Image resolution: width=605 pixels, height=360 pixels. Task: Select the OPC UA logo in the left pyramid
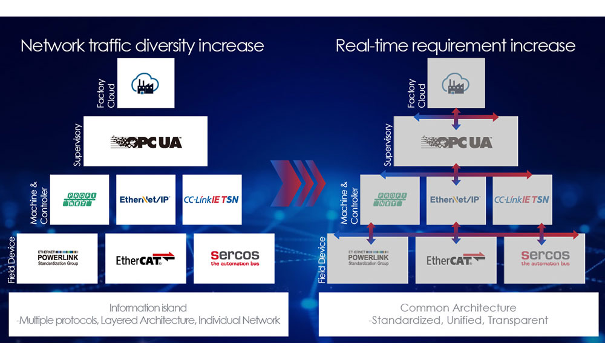tap(146, 142)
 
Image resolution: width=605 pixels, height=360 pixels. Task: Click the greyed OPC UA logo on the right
tap(457, 142)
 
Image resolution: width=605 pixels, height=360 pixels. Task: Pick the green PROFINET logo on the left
tap(80, 199)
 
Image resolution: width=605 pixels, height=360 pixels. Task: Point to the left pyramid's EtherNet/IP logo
tap(145, 199)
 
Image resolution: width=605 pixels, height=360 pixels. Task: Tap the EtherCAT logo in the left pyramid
tap(145, 259)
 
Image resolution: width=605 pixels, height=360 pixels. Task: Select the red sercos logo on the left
tap(235, 258)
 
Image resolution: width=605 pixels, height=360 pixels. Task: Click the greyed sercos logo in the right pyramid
tap(545, 258)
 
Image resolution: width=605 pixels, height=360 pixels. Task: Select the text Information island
tap(148, 307)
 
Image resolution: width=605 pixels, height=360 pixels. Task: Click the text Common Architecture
tap(458, 308)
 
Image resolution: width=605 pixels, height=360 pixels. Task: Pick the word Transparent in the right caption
tap(518, 320)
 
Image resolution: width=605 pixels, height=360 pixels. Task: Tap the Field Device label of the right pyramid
tap(322, 260)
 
